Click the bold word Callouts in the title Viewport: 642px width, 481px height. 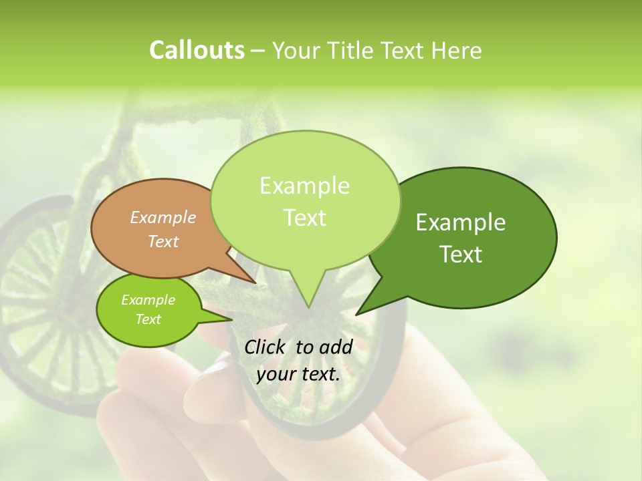point(197,50)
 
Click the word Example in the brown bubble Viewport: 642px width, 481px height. point(163,218)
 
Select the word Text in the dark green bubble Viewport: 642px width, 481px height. point(461,255)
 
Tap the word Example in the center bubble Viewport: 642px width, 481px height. point(304,186)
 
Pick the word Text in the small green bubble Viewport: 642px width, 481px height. point(148,319)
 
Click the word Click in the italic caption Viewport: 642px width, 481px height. point(265,347)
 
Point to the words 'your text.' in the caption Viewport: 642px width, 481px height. point(298,375)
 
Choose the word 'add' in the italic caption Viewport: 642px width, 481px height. point(336,347)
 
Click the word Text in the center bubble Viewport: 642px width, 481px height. point(304,218)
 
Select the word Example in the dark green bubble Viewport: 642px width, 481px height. point(461,222)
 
